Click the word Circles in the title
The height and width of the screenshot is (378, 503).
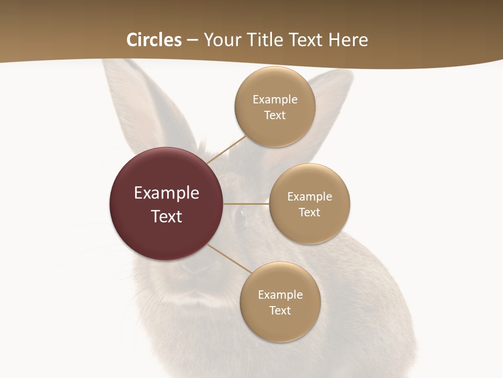click(154, 40)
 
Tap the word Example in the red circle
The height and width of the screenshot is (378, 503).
click(167, 193)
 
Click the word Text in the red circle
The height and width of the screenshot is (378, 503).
click(167, 216)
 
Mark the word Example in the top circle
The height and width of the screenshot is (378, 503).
click(275, 100)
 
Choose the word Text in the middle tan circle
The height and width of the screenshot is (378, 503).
click(309, 213)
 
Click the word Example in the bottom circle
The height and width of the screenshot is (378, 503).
click(280, 295)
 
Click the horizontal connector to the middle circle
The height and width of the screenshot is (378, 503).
click(246, 204)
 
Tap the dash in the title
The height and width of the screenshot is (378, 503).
click(192, 40)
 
